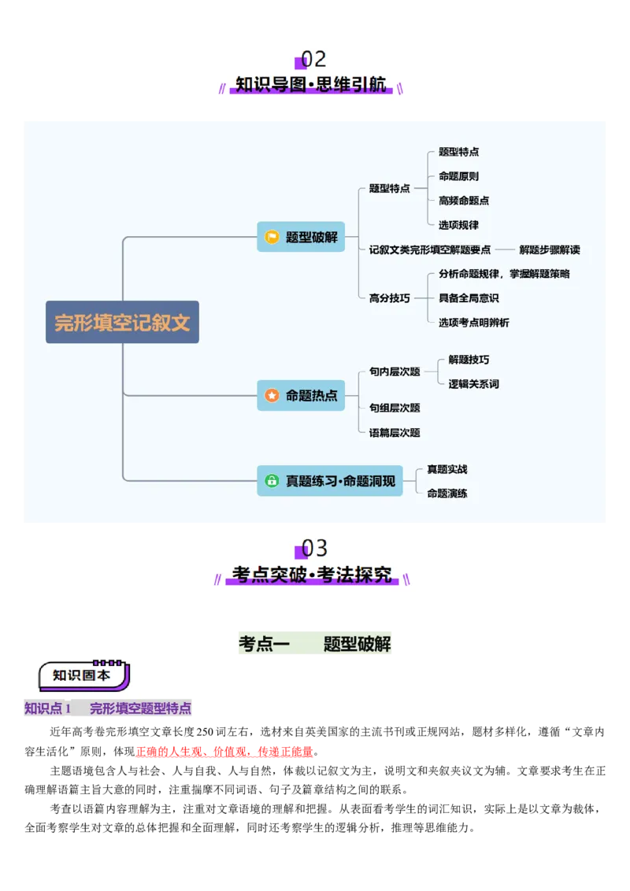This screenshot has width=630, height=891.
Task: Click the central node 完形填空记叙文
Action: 122,322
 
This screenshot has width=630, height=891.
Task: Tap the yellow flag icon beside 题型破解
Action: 272,237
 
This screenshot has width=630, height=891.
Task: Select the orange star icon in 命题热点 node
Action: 272,395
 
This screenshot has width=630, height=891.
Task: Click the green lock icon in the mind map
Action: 272,480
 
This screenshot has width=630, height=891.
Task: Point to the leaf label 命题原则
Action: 458,176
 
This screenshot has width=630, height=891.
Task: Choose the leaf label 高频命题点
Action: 464,201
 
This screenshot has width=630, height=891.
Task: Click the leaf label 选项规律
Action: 458,225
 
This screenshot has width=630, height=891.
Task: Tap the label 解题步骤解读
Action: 549,250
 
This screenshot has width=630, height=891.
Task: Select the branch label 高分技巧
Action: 389,298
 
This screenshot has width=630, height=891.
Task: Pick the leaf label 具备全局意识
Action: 469,298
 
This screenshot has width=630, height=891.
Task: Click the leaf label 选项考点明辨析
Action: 473,323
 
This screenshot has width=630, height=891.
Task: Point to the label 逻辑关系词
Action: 473,384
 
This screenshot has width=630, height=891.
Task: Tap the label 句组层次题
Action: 395,408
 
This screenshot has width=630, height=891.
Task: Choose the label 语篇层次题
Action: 395,432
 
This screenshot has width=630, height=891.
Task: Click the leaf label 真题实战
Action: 447,469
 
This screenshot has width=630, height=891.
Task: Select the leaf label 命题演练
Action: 447,494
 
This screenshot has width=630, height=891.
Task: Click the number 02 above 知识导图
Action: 313,60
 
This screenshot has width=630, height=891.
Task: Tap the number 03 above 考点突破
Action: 314,548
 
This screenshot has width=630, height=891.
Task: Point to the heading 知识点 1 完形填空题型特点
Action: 107,708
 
